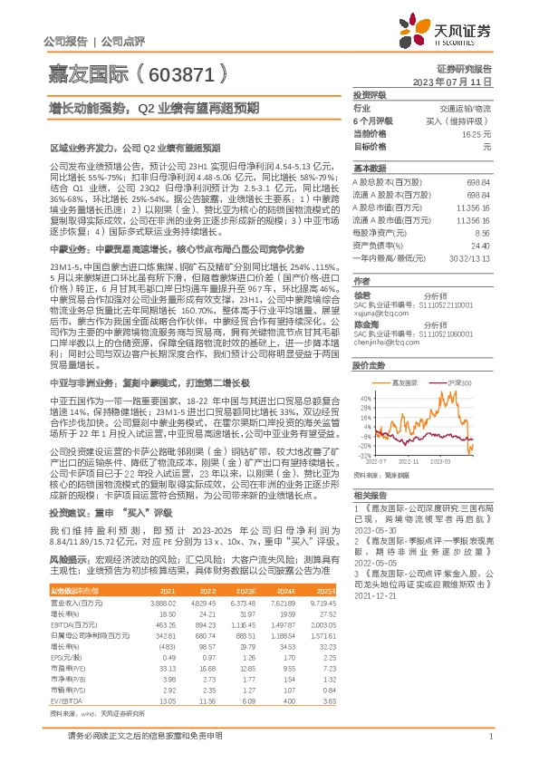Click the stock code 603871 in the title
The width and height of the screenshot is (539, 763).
tap(179, 73)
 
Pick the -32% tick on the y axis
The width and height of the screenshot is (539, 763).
tap(363, 456)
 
